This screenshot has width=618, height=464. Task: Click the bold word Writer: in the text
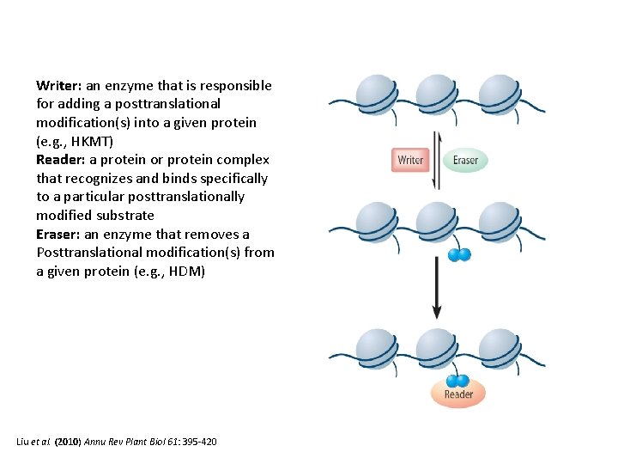pos(59,86)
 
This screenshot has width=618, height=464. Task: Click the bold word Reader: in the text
pos(61,160)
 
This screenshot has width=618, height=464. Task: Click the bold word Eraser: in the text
pos(59,234)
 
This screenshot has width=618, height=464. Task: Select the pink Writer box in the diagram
pos(410,160)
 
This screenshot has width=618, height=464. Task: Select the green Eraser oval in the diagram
pos(465,160)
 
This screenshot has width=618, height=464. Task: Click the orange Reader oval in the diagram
pos(458,394)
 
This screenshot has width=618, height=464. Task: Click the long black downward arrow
pos(437,287)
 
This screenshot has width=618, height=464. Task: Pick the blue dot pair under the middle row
pos(459,254)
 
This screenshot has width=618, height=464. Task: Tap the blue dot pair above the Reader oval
pos(457,380)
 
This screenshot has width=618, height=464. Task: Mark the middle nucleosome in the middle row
pos(437,222)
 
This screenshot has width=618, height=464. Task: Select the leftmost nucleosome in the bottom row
pos(375,347)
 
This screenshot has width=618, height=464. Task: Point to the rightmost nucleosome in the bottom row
pos(499,347)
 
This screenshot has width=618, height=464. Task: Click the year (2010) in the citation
pos(68,442)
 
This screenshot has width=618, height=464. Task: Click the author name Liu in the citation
pos(25,442)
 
